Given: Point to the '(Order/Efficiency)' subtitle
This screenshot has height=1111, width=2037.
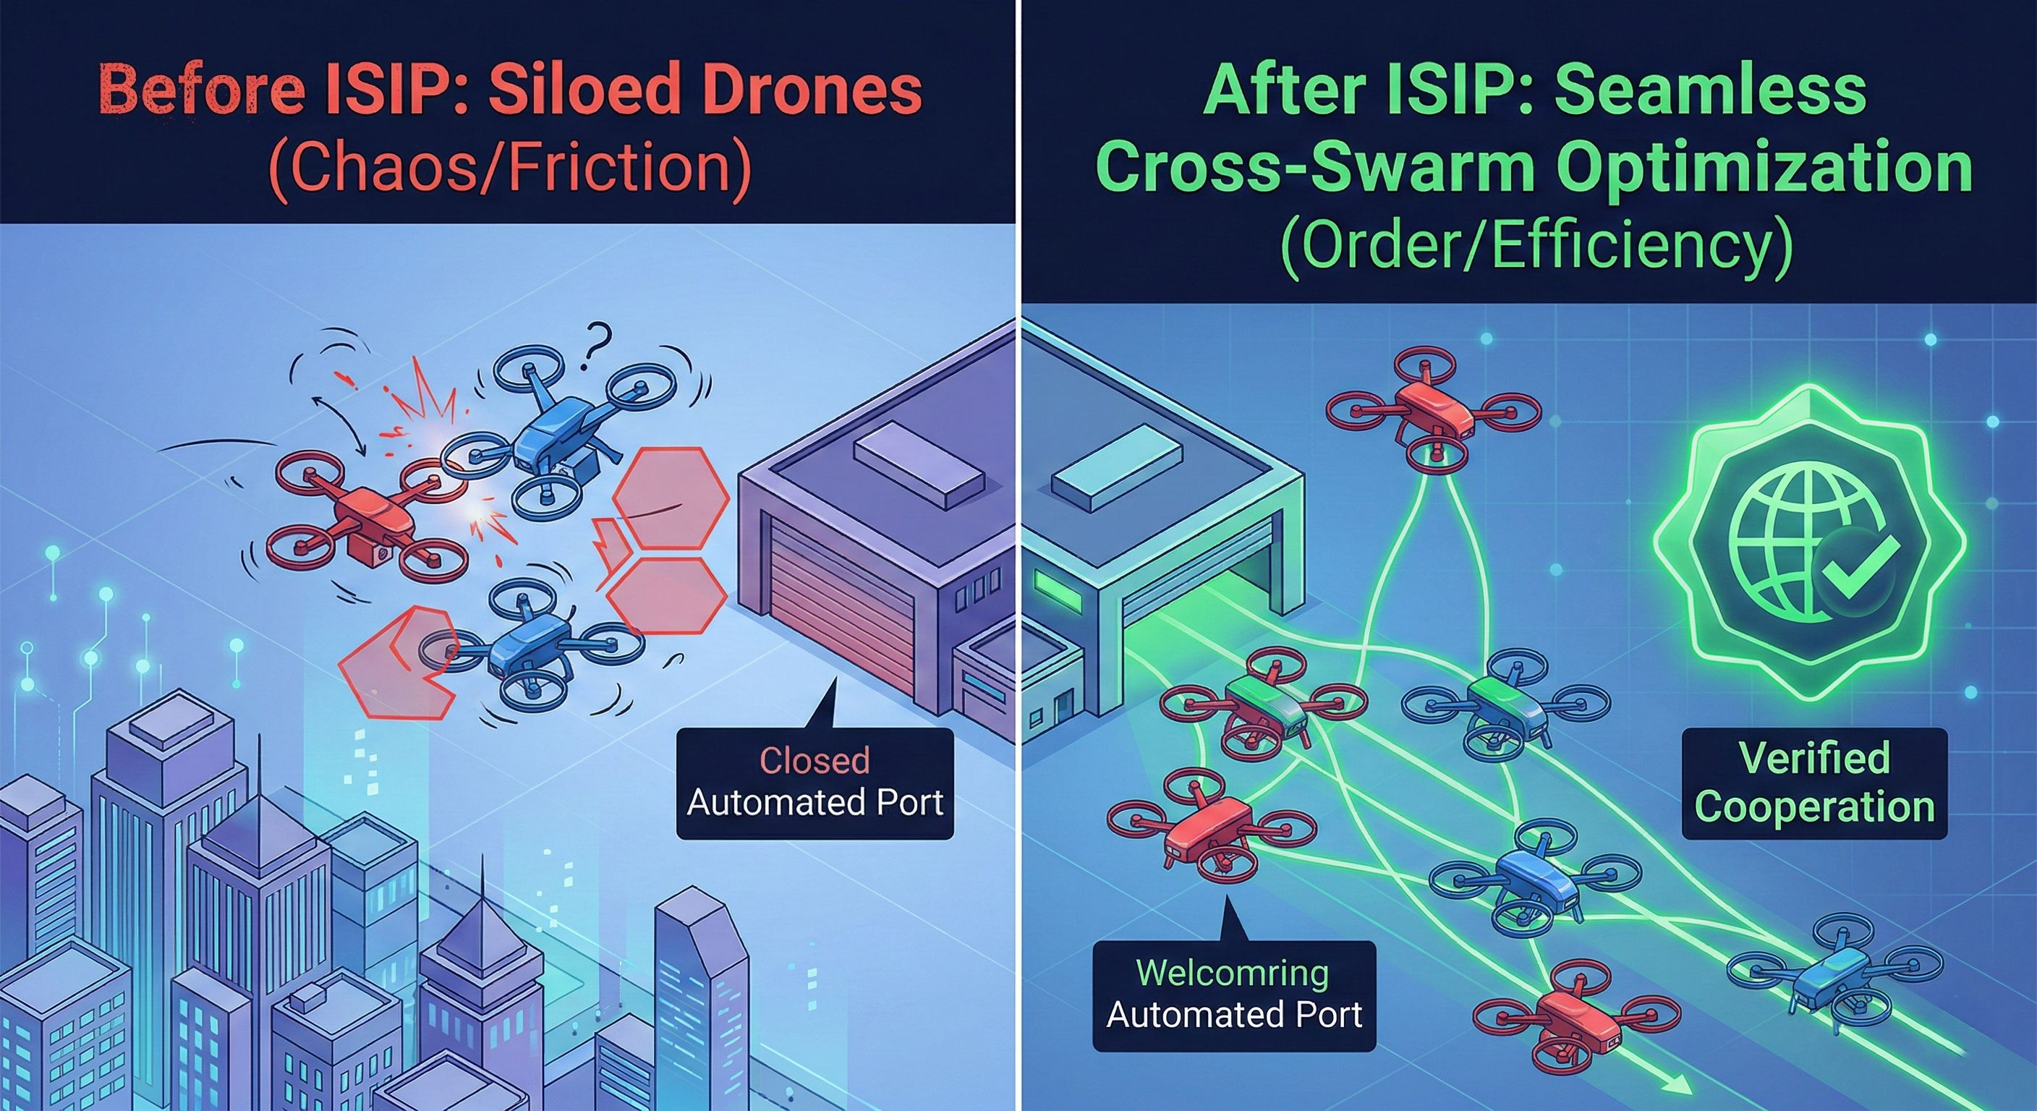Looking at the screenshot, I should [x=1534, y=247].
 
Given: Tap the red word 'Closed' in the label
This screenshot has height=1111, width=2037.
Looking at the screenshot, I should [x=815, y=760].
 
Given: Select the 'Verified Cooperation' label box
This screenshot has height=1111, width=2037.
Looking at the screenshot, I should [x=1814, y=783].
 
